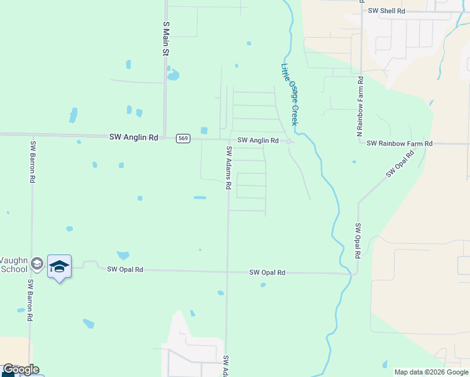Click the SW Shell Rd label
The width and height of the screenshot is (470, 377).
pos(386,11)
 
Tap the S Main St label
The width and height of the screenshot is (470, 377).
pos(167,39)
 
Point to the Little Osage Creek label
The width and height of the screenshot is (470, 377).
pos(290,94)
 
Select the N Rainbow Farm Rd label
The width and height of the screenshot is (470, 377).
pos(360,106)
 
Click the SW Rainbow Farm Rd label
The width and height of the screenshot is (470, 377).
pos(400,144)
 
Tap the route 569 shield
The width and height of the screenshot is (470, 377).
pos(183,138)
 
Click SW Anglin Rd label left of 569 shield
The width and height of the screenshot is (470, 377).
pos(133,136)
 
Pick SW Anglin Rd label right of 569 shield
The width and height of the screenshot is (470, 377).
pos(258,141)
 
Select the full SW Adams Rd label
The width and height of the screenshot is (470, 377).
pos(229,168)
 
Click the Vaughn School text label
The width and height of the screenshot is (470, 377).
pos(13,265)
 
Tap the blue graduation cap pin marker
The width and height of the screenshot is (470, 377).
pos(59,266)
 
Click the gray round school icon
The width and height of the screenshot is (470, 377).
pos(37,265)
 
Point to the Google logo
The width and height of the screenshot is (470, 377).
pos(21,369)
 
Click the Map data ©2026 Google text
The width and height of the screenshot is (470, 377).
pos(430,372)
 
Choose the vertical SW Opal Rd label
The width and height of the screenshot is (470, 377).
pos(357,241)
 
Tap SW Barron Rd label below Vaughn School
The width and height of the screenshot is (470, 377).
pos(30,301)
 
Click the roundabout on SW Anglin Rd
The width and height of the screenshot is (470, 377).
pos(288,141)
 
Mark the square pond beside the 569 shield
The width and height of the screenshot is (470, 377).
pos(204,131)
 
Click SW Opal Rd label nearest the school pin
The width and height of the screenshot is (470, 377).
pos(125,270)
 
